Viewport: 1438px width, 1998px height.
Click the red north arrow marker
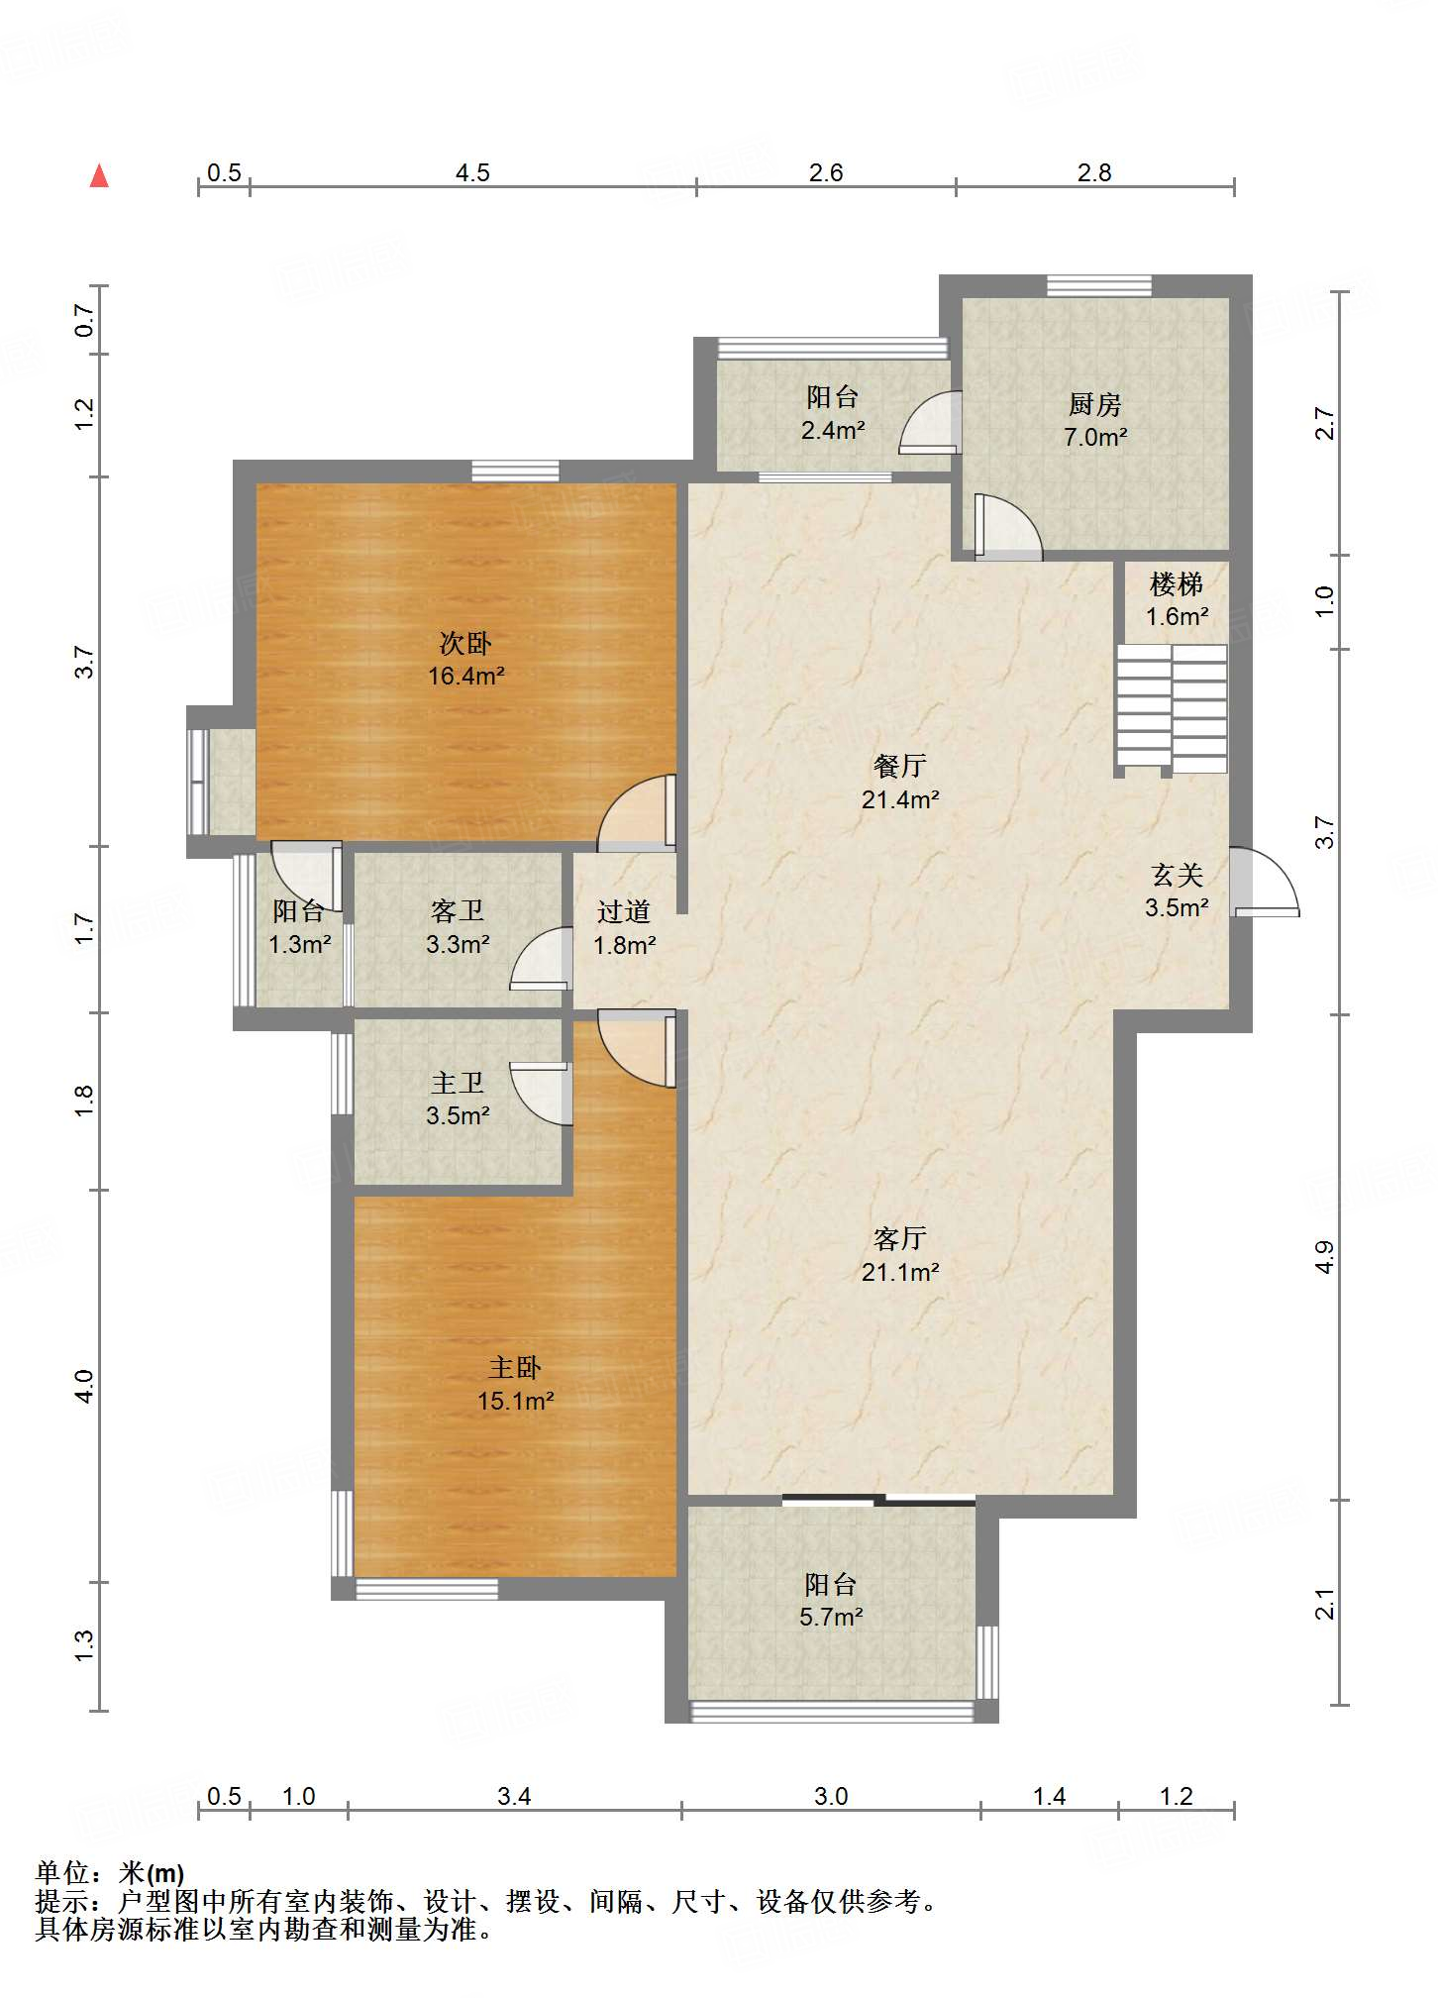click(x=99, y=176)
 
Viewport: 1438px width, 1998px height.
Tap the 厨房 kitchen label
click(x=1094, y=404)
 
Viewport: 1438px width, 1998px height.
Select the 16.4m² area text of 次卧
click(x=465, y=677)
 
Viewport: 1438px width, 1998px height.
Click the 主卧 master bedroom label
click(x=515, y=1368)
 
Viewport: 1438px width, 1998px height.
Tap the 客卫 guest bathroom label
click(x=458, y=911)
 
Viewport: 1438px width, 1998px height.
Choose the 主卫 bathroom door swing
click(x=541, y=1094)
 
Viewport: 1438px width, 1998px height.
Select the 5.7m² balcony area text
click(x=832, y=1618)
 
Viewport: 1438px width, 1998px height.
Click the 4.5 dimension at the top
click(x=472, y=173)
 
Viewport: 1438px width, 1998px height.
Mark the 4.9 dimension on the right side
click(x=1324, y=1257)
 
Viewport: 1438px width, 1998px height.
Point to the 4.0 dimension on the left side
click(x=84, y=1386)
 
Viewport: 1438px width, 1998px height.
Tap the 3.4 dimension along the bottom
click(x=514, y=1797)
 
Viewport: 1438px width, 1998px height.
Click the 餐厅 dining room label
click(x=900, y=766)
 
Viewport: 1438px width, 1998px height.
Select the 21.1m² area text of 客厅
click(x=900, y=1273)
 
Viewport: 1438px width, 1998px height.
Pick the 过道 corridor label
click(x=624, y=912)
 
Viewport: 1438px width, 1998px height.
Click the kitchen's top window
click(x=1099, y=286)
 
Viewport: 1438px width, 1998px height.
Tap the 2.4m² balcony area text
click(x=833, y=431)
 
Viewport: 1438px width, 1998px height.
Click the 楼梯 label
click(x=1177, y=584)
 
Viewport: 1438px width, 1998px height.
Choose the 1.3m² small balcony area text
click(x=299, y=945)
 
